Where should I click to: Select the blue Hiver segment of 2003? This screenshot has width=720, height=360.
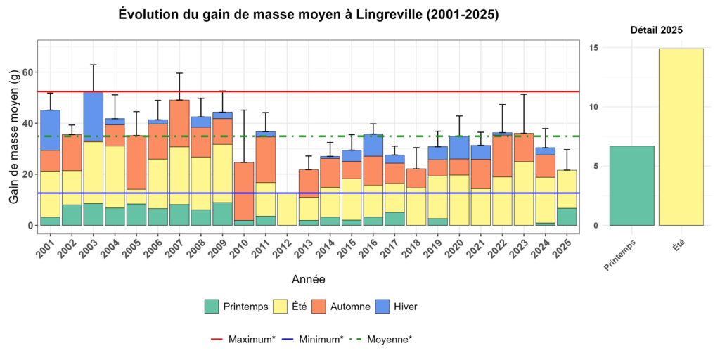[x=94, y=116]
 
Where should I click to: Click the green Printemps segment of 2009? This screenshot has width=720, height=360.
[x=222, y=214]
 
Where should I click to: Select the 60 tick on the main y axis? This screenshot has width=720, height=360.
[x=28, y=72]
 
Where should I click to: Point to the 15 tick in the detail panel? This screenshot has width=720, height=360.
[x=593, y=48]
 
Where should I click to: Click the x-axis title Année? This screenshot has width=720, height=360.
[x=308, y=279]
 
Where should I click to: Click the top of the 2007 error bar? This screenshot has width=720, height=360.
[x=179, y=73]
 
